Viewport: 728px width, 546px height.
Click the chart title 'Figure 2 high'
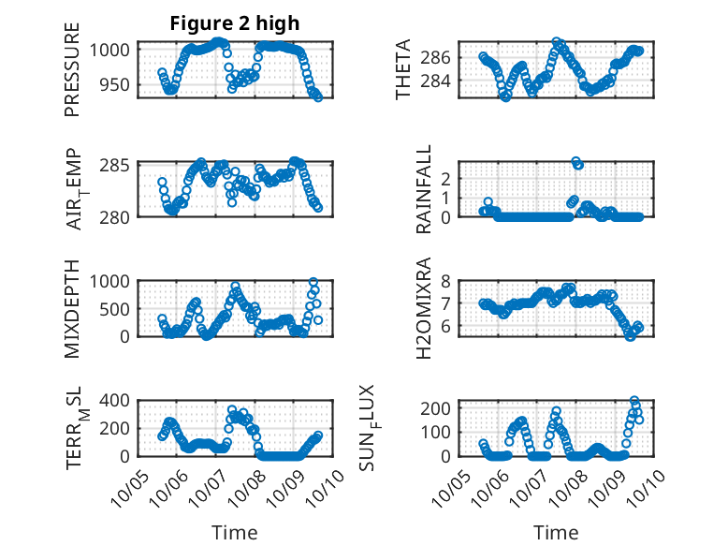[234, 23]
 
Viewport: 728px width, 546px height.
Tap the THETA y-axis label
[402, 69]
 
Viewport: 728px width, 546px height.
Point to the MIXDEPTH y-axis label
[73, 308]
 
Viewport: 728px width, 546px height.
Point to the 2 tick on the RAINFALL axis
[448, 178]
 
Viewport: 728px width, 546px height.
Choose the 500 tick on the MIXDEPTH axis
[117, 308]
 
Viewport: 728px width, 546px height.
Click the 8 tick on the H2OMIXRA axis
[448, 280]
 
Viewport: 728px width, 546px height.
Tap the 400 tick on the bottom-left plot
[117, 400]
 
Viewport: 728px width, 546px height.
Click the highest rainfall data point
[576, 161]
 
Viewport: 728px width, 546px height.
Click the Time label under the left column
[234, 533]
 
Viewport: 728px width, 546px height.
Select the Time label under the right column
[556, 533]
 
